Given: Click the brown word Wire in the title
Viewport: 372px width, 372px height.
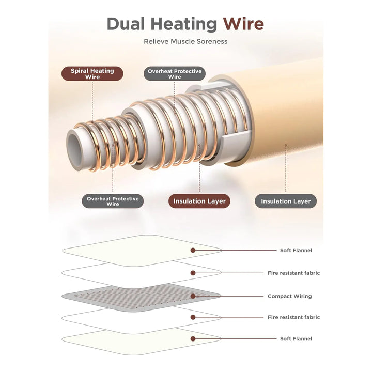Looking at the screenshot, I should [243, 24].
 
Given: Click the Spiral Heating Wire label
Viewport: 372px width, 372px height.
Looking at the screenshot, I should [93, 73].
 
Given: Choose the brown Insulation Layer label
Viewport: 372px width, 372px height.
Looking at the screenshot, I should [199, 201].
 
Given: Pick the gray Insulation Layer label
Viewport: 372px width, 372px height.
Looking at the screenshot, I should [286, 201].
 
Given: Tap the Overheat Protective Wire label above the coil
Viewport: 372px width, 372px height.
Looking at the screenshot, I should [175, 74].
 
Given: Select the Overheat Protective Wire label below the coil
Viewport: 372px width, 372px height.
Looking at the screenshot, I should [113, 201].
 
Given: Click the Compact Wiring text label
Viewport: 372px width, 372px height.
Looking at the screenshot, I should [289, 296].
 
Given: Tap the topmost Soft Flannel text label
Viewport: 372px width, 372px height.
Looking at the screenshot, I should [296, 250].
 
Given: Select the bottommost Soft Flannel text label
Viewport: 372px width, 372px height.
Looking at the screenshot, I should [296, 339].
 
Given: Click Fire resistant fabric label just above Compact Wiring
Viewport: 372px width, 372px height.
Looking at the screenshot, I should [293, 273].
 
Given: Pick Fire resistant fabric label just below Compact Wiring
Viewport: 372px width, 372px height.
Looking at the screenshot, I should [293, 317].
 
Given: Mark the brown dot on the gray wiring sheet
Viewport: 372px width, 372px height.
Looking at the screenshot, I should [193, 296].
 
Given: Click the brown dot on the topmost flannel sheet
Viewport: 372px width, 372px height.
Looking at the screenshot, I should [193, 250].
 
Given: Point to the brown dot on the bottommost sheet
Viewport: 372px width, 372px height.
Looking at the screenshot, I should [193, 339].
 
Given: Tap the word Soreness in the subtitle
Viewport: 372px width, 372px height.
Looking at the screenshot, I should [212, 41].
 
